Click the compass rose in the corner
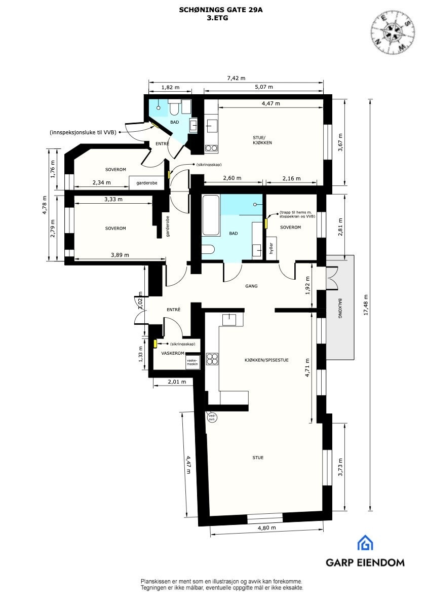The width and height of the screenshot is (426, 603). pyautogui.click(x=391, y=31)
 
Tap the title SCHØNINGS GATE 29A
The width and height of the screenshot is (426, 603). pyautogui.click(x=213, y=10)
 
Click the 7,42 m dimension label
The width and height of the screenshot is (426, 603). pyautogui.click(x=236, y=78)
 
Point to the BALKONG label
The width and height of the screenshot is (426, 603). pyautogui.click(x=340, y=309)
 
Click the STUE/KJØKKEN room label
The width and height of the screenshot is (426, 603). pyautogui.click(x=262, y=140)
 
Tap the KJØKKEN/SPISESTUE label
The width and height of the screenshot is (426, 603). pyautogui.click(x=266, y=360)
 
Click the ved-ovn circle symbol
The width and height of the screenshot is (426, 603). pyautogui.click(x=212, y=418)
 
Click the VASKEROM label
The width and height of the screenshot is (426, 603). pyautogui.click(x=172, y=353)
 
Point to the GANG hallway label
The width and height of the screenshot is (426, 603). pyautogui.click(x=251, y=286)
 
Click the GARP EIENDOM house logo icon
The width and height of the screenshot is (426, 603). pyautogui.click(x=365, y=543)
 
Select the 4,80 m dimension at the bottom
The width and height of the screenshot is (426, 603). pyautogui.click(x=266, y=528)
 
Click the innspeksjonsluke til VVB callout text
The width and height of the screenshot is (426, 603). pyautogui.click(x=83, y=132)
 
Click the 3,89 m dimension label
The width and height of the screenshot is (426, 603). pyautogui.click(x=120, y=255)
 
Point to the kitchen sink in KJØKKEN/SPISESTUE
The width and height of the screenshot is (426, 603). pyautogui.click(x=229, y=319)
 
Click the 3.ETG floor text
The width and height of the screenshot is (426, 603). pyautogui.click(x=213, y=18)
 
